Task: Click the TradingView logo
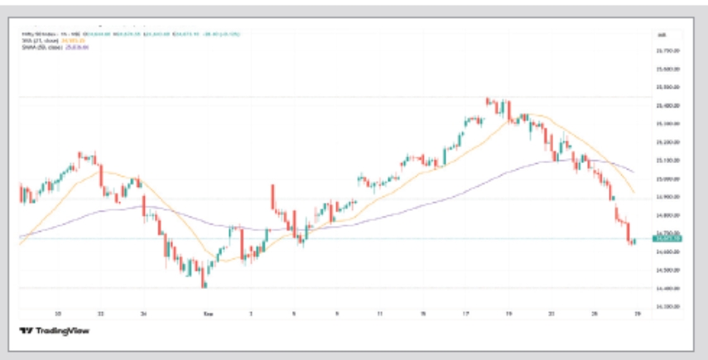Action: click(54, 331)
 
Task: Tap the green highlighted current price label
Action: click(667, 238)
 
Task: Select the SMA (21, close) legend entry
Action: click(50, 41)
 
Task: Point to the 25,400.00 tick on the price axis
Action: click(667, 106)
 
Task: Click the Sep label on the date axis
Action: click(207, 314)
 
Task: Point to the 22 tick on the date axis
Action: click(100, 314)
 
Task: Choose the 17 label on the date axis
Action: click(466, 314)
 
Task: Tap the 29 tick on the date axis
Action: click(637, 314)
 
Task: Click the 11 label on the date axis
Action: click(378, 314)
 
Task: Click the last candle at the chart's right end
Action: click(634, 242)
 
